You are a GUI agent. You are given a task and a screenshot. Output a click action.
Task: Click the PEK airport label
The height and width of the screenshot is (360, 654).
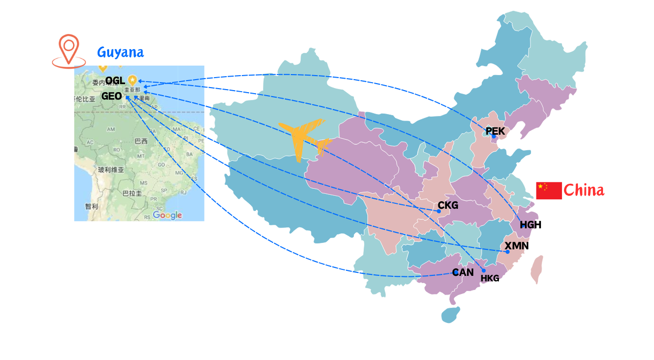[x=495, y=131]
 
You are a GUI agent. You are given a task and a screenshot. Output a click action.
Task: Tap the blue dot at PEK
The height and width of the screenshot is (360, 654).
[x=493, y=137]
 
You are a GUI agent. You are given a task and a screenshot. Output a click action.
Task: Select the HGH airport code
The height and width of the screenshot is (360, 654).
[x=530, y=225]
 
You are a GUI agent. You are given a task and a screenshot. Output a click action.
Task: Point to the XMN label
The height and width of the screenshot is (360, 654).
[x=516, y=246]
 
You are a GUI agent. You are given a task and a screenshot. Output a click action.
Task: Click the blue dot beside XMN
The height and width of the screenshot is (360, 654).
[x=507, y=252]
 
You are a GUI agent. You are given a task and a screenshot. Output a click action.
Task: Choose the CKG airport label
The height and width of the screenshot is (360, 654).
[x=448, y=205]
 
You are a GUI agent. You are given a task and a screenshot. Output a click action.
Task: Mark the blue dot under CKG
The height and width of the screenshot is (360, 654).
[x=439, y=211]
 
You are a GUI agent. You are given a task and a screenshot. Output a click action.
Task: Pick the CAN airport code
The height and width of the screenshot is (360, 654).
[x=462, y=272]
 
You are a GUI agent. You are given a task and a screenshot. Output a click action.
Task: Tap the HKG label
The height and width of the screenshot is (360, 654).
[x=490, y=278]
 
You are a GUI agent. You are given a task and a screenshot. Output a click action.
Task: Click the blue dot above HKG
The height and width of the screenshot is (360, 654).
[x=483, y=271]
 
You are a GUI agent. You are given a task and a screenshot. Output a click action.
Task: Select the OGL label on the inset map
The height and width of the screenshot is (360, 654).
[x=115, y=81]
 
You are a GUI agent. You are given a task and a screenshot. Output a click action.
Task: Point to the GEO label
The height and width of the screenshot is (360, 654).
[x=112, y=96]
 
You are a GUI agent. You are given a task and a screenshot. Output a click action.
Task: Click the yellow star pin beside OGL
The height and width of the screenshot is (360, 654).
[x=132, y=79]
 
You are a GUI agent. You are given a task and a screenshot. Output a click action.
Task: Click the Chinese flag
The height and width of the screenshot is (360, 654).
[x=548, y=190]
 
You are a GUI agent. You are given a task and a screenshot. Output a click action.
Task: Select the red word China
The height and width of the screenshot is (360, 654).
[x=583, y=190]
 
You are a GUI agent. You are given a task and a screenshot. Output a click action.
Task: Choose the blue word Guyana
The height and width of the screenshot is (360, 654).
[x=120, y=52]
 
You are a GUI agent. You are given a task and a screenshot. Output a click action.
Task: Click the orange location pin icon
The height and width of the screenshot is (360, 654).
[x=69, y=51]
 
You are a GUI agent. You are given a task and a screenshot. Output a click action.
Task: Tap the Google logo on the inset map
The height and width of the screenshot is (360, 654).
[x=167, y=215]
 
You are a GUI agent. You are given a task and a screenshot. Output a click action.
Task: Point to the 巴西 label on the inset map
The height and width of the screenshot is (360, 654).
[x=141, y=141]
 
